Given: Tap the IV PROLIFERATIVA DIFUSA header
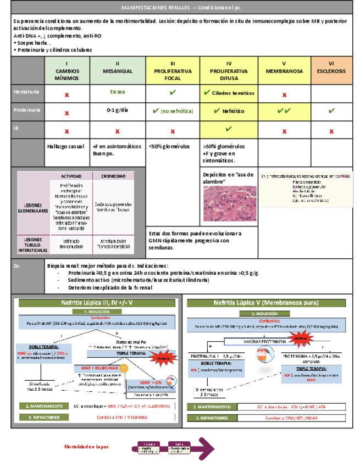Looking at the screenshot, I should click(229, 71).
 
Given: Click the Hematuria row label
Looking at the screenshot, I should click(27, 93).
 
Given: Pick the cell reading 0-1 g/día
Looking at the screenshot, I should click(117, 110).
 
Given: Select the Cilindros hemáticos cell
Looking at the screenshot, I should click(229, 93).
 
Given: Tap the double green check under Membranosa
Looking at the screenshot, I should click(284, 110).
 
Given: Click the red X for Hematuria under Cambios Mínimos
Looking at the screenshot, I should click(67, 95).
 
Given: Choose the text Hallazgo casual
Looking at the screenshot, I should click(67, 147).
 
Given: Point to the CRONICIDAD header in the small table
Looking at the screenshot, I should click(112, 176).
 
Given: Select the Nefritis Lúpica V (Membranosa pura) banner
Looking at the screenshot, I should click(268, 303).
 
